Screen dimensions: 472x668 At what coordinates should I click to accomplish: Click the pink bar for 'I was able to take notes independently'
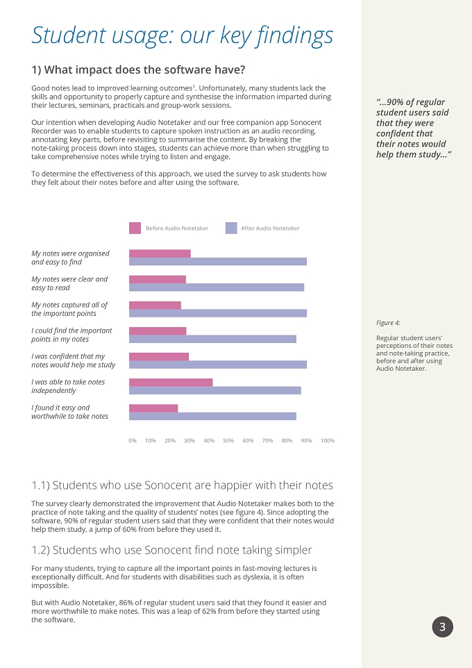coord(171,382)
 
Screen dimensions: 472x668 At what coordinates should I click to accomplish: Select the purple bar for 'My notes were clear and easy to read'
coord(217,287)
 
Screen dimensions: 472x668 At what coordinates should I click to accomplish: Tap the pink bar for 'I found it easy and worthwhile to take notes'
coord(153,408)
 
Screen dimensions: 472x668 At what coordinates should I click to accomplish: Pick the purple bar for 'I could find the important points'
coord(212,339)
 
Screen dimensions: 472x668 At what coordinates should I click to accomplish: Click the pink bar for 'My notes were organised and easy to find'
coord(160,253)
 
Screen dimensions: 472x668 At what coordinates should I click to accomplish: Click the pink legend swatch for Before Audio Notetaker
coord(135,228)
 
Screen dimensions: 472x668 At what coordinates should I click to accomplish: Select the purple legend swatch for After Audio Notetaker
coord(231,228)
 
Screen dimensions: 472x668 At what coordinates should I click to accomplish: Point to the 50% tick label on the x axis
coord(228,440)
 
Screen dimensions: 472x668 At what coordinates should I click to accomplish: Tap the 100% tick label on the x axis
coord(328,440)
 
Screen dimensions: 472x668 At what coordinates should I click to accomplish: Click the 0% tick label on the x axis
coord(133,440)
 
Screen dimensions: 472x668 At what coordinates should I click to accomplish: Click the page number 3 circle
coord(443,626)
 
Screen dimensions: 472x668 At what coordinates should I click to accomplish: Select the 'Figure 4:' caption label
coord(388,323)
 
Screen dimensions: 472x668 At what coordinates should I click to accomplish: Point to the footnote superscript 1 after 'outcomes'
coord(194,87)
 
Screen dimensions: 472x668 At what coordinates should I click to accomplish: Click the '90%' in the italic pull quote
coord(392,102)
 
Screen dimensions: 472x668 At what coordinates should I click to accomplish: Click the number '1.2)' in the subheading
coord(41,550)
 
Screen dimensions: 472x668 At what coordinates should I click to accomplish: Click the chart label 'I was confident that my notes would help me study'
coord(74,360)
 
